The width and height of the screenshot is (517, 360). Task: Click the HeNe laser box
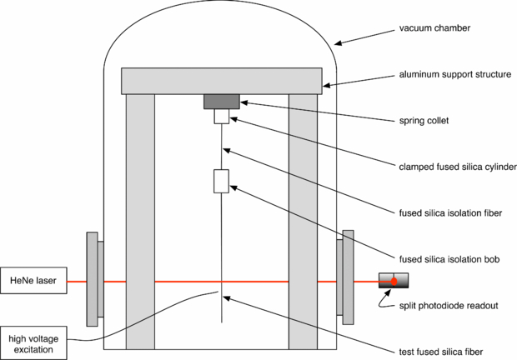coord(33,281)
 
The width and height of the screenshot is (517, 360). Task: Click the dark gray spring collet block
coord(222,102)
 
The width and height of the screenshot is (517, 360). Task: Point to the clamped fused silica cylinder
coord(222,117)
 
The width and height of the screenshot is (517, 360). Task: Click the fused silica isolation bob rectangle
coord(222,181)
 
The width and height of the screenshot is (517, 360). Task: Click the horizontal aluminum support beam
coord(222,81)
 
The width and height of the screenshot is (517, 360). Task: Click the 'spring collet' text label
coord(426,120)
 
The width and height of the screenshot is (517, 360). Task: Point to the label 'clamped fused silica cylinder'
coord(457,167)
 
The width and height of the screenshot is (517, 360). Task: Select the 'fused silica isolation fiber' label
coord(450,211)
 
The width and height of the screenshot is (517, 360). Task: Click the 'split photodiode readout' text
coord(449,306)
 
